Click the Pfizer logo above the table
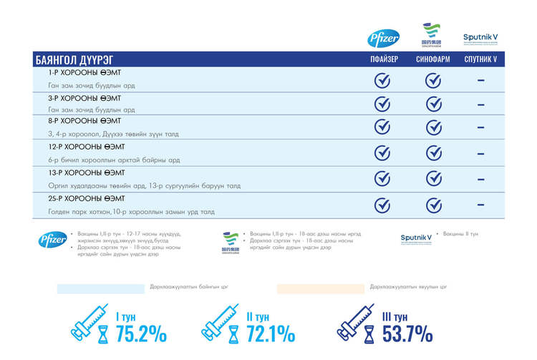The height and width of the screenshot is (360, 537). click(383, 38)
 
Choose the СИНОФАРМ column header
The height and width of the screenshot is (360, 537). click(433, 59)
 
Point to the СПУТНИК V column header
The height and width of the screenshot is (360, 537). click(480, 59)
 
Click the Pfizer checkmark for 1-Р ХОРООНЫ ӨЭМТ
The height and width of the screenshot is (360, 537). click(383, 80)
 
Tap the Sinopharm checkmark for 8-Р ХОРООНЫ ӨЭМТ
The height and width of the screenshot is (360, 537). click(433, 127)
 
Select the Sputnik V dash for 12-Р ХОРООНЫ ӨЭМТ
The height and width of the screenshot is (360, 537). click(480, 153)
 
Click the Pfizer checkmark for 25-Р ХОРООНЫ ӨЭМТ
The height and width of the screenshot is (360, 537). click(383, 205)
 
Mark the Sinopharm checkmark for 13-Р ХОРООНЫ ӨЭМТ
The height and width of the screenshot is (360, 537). click(433, 179)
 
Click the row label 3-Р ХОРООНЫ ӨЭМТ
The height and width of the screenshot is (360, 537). click(84, 98)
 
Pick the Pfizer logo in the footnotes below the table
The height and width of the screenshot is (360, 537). click(52, 240)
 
